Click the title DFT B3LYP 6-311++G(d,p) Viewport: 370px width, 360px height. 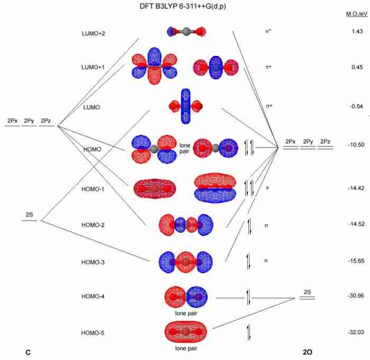pos(183,6)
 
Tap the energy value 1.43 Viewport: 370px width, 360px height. pos(357,31)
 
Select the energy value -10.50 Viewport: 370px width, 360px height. pos(356,145)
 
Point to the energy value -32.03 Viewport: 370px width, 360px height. pos(356,332)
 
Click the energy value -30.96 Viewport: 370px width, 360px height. pos(356,296)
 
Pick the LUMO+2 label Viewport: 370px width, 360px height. pos(94,33)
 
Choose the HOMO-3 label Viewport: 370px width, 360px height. pos(93,262)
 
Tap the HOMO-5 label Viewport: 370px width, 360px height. pos(92,333)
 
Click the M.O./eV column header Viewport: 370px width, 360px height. pos(357,14)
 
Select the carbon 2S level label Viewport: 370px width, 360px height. pos(30,215)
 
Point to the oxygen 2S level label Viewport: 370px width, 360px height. pos(307,292)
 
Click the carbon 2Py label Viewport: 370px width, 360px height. pos(29,121)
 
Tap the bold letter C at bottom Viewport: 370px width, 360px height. pos(28,353)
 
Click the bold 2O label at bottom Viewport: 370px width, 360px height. pos(308,352)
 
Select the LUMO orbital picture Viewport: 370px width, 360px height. pos(186,106)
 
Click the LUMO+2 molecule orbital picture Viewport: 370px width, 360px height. pos(187,31)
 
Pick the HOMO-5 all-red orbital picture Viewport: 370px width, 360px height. pos(186,331)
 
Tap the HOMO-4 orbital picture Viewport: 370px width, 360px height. pos(186,297)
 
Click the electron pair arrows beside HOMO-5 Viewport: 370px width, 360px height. pos(248,333)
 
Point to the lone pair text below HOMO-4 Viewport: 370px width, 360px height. pos(186,313)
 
